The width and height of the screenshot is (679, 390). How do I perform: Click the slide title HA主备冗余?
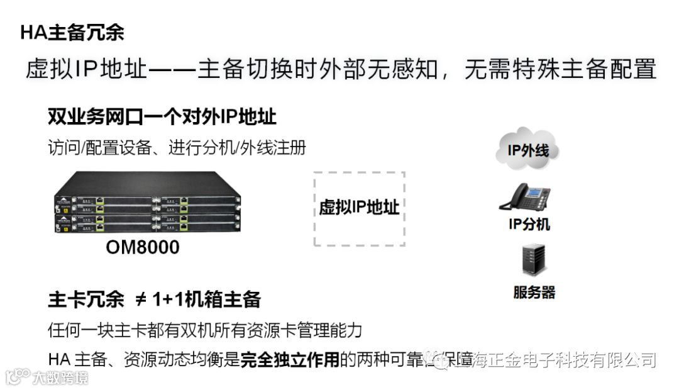pyautogui.click(x=72, y=32)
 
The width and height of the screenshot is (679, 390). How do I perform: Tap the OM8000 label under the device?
pyautogui.click(x=142, y=247)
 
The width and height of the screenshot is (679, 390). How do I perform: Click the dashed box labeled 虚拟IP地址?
pyautogui.click(x=359, y=208)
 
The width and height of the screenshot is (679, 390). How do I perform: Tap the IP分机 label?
pyautogui.click(x=529, y=225)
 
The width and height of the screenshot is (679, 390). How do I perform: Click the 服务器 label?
pyautogui.click(x=534, y=292)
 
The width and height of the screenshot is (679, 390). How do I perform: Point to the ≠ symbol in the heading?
pyautogui.click(x=141, y=300)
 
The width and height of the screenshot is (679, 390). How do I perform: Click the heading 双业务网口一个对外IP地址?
pyautogui.click(x=162, y=117)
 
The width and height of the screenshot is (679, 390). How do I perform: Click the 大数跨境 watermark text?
pyautogui.click(x=60, y=377)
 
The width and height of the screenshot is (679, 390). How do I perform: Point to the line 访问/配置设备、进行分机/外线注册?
pyautogui.click(x=177, y=148)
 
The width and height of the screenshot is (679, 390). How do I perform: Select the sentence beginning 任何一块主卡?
pyautogui.click(x=205, y=330)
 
